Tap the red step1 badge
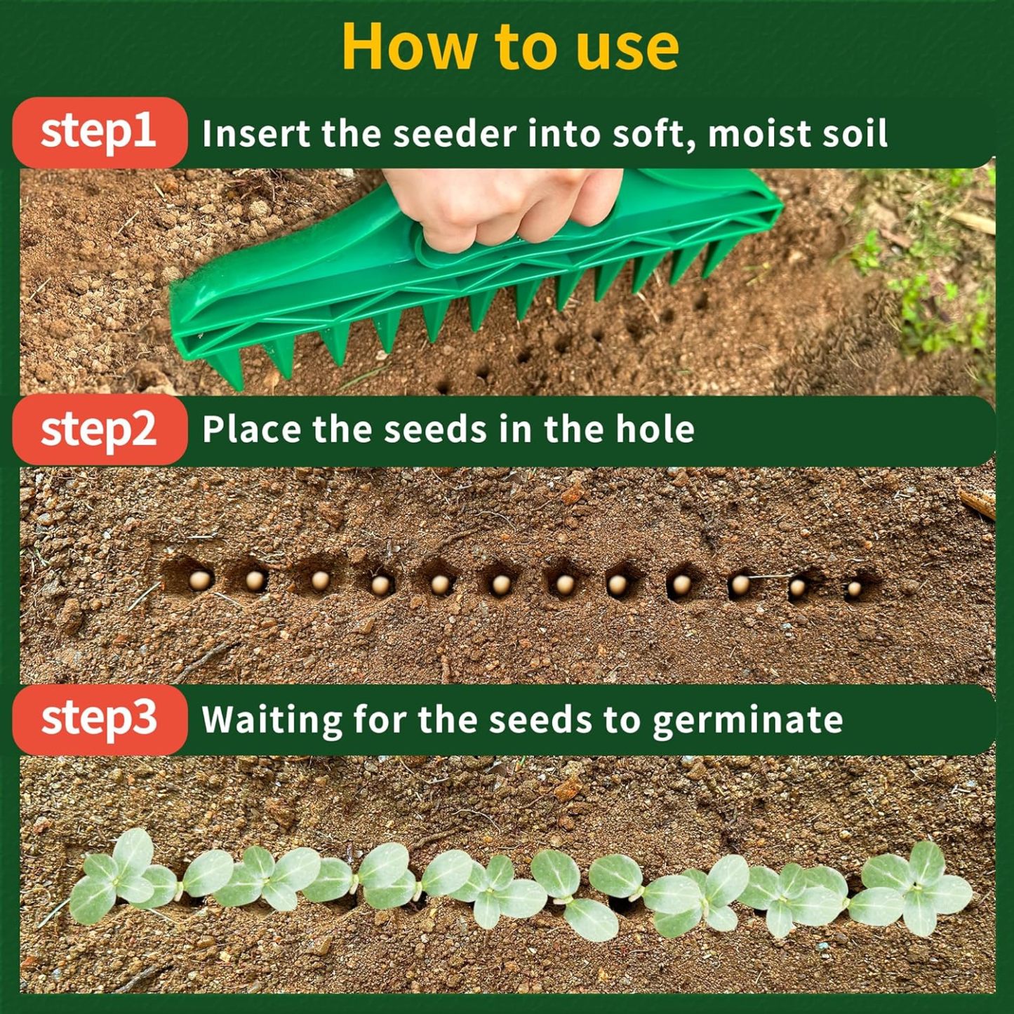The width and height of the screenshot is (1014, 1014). click(99, 132)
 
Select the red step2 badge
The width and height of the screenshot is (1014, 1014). click(99, 429)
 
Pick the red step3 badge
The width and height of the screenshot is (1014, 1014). click(99, 719)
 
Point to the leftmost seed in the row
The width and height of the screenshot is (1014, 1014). click(200, 580)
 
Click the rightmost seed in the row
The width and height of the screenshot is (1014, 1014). click(854, 589)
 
